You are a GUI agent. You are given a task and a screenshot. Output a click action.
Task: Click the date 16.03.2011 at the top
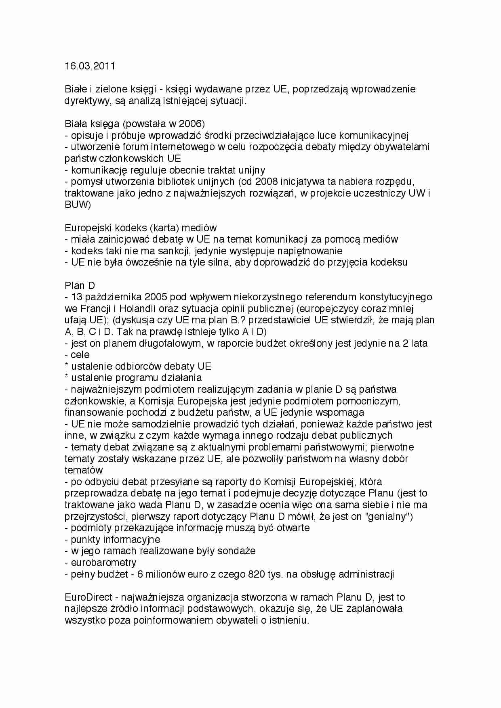coord(90,66)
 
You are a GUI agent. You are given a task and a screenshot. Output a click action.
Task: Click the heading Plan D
coord(80,285)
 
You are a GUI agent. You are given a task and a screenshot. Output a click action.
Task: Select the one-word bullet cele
coord(80,355)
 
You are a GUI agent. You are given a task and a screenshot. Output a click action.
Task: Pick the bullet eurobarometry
coord(103,562)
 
